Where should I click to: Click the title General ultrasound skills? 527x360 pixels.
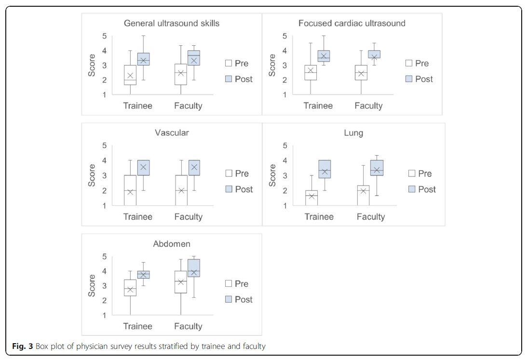point(171,23)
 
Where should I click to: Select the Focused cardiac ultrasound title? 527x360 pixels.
point(351,23)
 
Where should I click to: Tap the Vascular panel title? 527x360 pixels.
point(171,133)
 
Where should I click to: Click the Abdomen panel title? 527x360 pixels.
point(171,244)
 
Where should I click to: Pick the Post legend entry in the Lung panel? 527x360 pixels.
point(422,189)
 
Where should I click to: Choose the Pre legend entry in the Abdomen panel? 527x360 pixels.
point(237,284)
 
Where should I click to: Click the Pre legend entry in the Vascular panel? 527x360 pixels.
point(237,173)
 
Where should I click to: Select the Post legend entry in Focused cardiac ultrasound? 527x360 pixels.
point(419,79)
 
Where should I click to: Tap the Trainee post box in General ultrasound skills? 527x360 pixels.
point(143,59)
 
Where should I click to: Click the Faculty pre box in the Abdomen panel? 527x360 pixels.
point(180,282)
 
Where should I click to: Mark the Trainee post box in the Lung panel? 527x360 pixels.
point(324,169)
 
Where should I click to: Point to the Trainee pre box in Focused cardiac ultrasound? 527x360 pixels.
point(311,72)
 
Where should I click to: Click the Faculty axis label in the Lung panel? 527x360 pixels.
point(371,217)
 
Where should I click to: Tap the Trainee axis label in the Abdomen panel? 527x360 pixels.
point(138,326)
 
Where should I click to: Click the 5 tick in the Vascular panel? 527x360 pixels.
point(103,146)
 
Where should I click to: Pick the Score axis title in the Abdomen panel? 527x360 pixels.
point(92,285)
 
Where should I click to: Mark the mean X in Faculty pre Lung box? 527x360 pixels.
point(364,190)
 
